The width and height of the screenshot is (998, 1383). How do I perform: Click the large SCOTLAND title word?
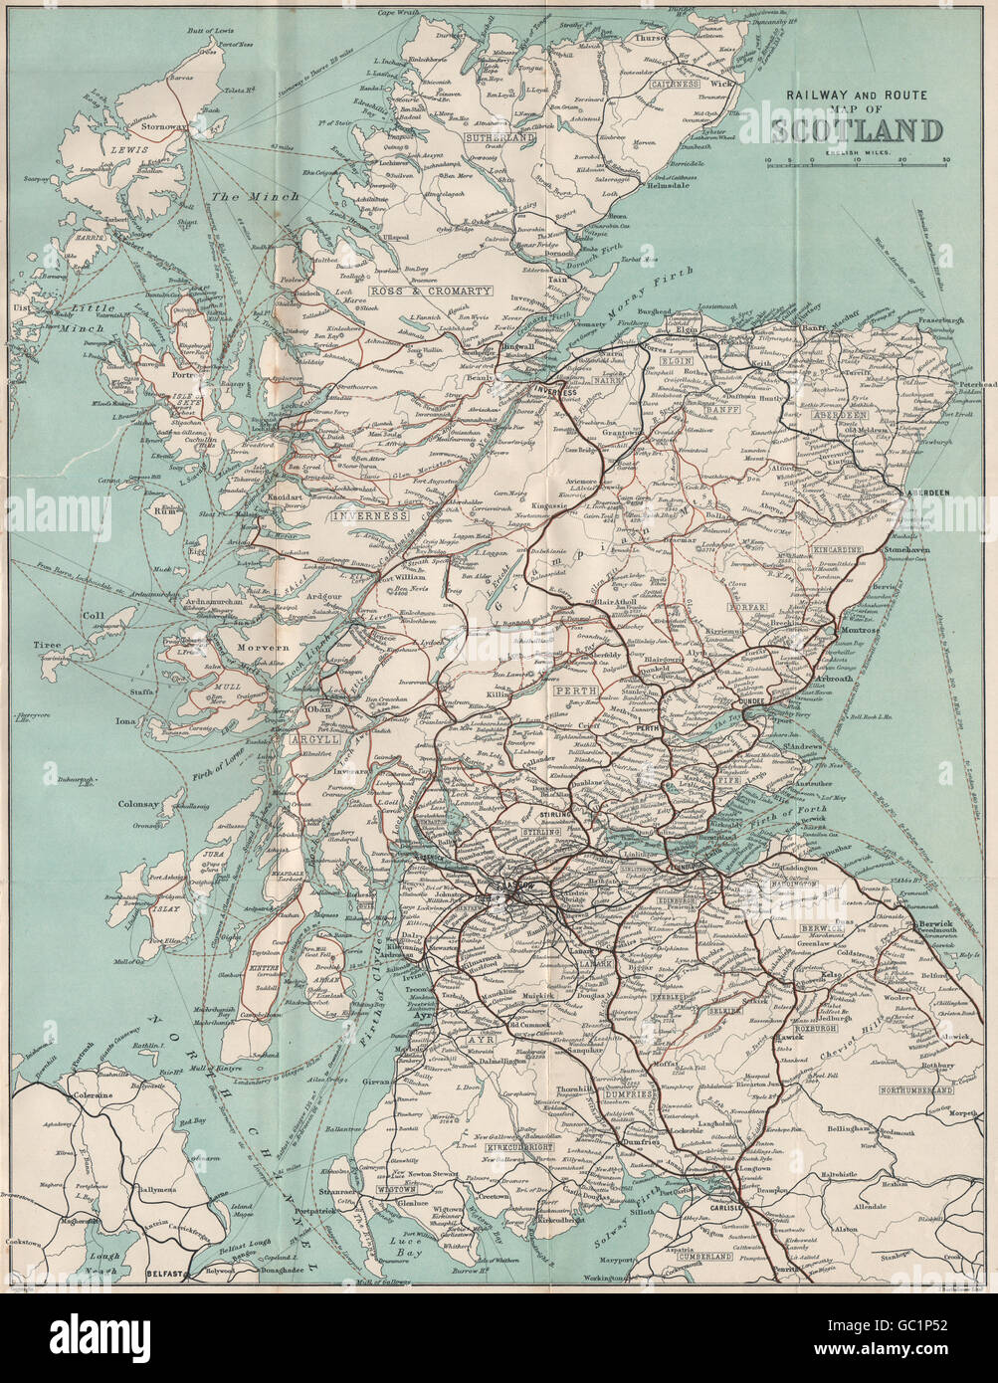[856, 130]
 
